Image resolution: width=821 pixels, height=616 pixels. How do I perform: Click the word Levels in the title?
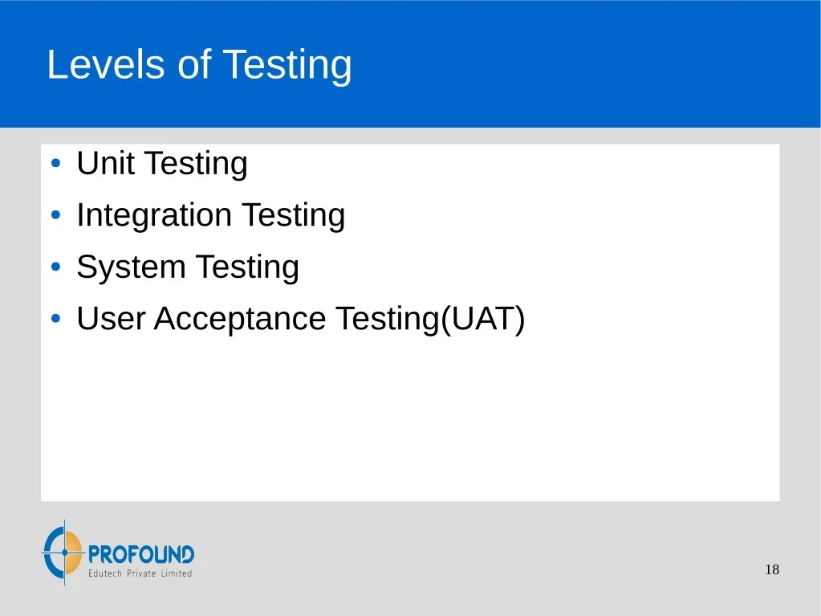(106, 64)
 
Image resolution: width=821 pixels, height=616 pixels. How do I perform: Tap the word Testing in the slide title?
(287, 66)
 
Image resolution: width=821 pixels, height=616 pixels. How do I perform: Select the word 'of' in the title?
(194, 64)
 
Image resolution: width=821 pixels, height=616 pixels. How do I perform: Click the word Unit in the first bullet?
(105, 163)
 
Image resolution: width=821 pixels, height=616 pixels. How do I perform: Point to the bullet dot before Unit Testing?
(56, 163)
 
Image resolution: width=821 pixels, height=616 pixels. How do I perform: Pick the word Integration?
(154, 215)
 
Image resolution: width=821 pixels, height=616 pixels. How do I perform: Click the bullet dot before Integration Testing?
(56, 214)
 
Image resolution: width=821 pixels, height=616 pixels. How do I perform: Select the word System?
(131, 267)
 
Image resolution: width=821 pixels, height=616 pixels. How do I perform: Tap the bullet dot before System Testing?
(56, 267)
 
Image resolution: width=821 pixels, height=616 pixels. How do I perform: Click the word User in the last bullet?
(111, 319)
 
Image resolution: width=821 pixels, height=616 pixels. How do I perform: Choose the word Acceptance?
(240, 320)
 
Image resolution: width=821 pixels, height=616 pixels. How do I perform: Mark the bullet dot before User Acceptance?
(56, 319)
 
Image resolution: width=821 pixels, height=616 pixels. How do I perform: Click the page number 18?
(772, 569)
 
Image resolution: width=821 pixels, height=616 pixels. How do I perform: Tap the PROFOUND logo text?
(141, 554)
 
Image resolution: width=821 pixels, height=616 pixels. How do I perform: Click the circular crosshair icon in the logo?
(63, 552)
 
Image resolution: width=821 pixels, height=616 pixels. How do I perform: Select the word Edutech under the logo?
(104, 573)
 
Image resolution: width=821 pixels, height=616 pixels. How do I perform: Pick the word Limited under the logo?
(177, 573)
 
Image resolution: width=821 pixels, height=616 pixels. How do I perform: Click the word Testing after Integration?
(293, 216)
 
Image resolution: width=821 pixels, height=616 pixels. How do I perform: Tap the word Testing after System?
(247, 267)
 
